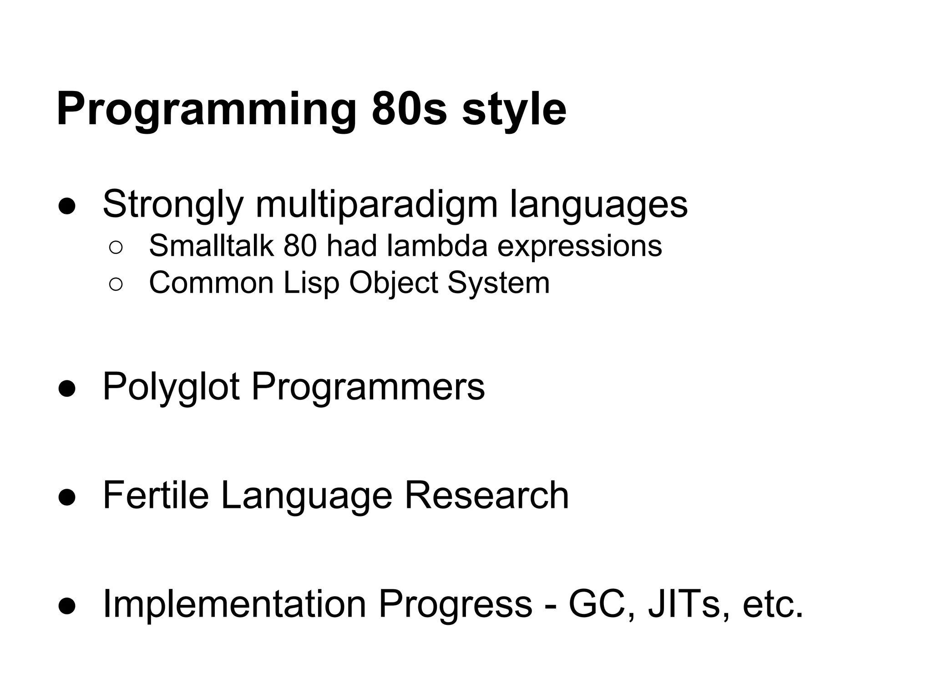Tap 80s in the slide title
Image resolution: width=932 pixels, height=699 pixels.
pos(409,110)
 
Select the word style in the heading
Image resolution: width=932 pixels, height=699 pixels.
pos(514,110)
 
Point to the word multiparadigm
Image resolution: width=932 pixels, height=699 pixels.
pos(376,205)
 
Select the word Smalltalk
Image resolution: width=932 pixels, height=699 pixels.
pos(211,246)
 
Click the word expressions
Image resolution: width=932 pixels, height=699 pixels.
pos(579,246)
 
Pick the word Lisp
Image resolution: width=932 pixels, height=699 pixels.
pos(311,283)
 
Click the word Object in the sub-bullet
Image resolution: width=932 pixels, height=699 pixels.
pos(393,283)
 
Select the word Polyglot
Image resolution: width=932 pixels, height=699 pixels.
pos(171,387)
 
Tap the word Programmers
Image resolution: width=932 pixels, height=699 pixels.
pos(368,387)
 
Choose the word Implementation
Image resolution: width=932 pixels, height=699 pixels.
pos(234,604)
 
